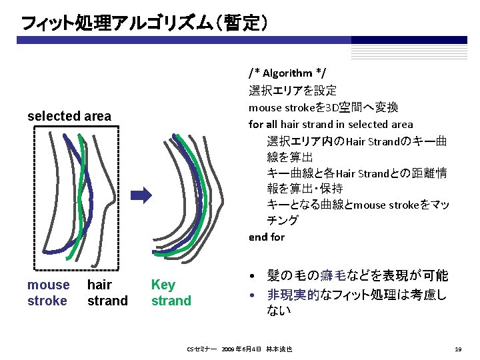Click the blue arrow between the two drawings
pos(141,195)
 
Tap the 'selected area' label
pos(69,117)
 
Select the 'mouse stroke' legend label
pos(48,293)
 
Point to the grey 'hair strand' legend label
pos(107,293)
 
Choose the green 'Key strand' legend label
pos(171,293)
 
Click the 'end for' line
pos(266,237)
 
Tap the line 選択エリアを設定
pos(293,90)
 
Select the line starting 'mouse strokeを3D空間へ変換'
pos(323,107)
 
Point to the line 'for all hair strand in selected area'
pos(331,124)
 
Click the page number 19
pos(457,349)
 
